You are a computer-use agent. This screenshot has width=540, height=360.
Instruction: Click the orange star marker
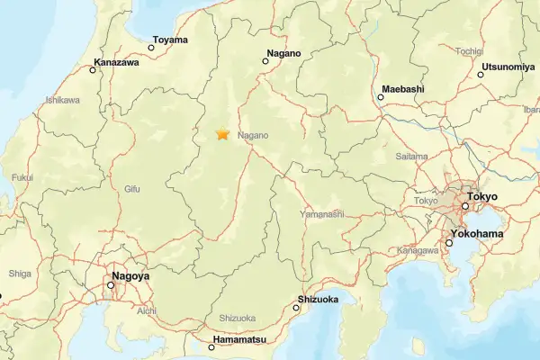[221, 135]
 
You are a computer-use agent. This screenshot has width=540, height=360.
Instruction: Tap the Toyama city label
[170, 40]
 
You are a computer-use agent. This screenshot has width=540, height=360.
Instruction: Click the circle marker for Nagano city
[265, 61]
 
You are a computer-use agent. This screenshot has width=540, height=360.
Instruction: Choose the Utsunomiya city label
[509, 67]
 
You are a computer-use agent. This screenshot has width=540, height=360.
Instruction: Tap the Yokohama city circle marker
[449, 243]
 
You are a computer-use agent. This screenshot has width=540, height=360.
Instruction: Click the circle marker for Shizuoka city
[296, 308]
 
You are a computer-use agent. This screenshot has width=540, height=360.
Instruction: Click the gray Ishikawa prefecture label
[63, 99]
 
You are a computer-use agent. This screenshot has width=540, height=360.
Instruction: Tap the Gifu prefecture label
[132, 189]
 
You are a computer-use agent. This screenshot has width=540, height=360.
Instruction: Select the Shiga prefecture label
[20, 273]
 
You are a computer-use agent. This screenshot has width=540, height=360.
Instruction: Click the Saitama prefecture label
[411, 156]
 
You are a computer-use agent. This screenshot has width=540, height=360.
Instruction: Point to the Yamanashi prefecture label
[323, 214]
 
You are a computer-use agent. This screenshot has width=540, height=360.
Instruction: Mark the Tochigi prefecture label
[469, 51]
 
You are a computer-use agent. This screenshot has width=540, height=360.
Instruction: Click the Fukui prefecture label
[23, 177]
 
